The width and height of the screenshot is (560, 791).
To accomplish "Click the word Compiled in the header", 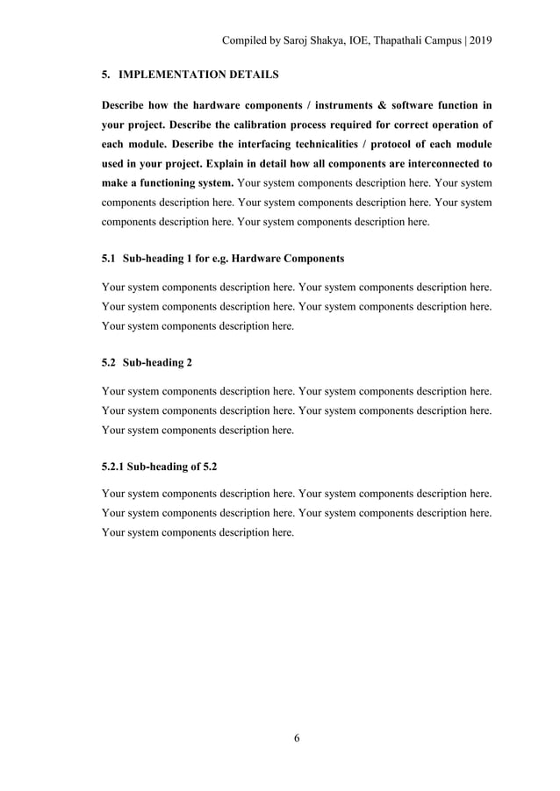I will click(x=245, y=40).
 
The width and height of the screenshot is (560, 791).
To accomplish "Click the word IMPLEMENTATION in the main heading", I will click(x=173, y=75).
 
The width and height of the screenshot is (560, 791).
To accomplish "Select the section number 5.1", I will click(x=109, y=259).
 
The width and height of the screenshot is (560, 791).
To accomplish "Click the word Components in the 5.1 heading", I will click(x=314, y=259).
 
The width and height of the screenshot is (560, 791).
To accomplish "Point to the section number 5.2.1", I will click(x=113, y=467).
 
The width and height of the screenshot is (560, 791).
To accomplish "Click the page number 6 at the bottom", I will click(x=297, y=738).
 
